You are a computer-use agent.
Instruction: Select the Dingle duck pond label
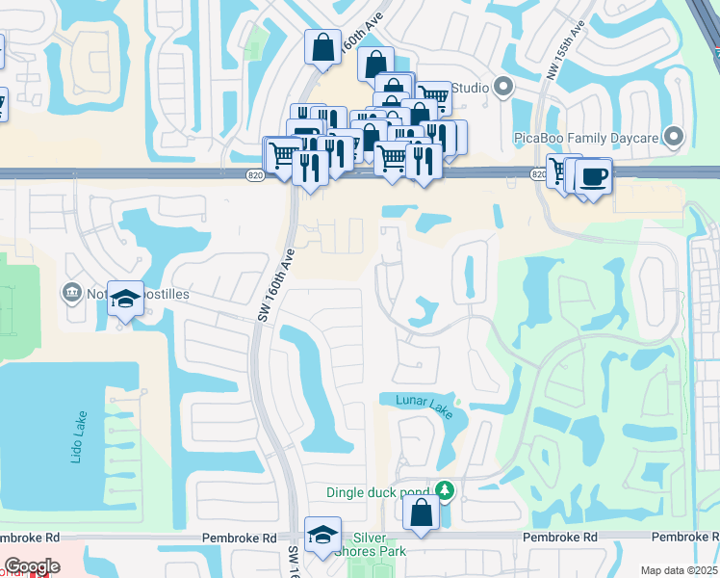tap(377, 492)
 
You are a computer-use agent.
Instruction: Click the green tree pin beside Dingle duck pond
tap(444, 491)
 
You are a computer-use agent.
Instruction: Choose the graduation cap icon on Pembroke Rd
tap(322, 535)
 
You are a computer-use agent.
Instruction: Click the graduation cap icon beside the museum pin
tap(125, 299)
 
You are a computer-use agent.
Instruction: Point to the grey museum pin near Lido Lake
tap(70, 292)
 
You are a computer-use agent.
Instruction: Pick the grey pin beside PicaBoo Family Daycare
tap(674, 138)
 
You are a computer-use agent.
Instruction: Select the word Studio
tap(470, 89)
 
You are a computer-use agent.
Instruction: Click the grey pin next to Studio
tap(503, 88)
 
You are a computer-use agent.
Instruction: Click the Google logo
tap(32, 566)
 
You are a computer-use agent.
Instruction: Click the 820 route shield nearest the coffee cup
tap(539, 173)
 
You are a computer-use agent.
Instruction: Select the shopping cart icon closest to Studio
tap(435, 97)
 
